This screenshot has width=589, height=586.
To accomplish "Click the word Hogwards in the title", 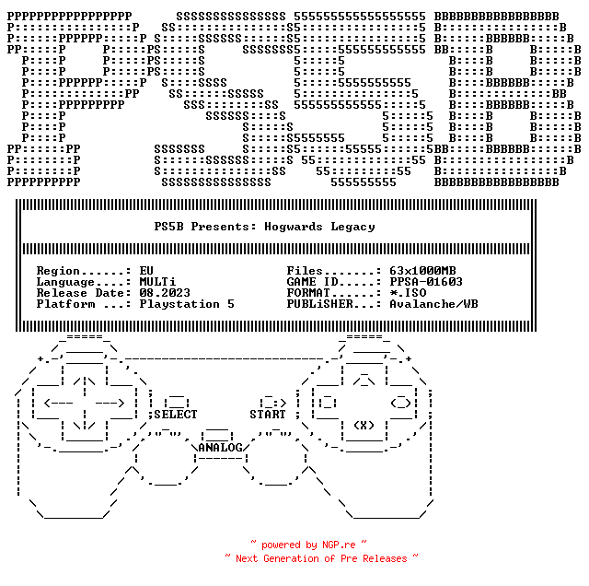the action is click(x=294, y=227).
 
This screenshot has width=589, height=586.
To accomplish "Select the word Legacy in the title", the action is click(x=352, y=228).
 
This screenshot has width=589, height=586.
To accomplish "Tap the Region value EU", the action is click(x=146, y=271).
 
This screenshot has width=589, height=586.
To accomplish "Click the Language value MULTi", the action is click(x=157, y=282).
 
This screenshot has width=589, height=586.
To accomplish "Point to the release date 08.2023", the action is click(x=165, y=293).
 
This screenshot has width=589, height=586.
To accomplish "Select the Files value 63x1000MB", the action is click(x=422, y=271).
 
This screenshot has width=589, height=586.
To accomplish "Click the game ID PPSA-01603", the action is click(x=426, y=282).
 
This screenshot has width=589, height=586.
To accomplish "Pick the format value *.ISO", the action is click(x=408, y=293).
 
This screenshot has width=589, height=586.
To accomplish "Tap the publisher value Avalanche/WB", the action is click(x=433, y=304).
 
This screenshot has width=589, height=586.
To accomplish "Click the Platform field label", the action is click(x=65, y=304).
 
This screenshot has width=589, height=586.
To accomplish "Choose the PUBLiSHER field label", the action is click(x=320, y=304).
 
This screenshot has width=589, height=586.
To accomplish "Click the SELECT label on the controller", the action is click(x=176, y=415).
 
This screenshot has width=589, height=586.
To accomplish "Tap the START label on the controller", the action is click(x=268, y=415).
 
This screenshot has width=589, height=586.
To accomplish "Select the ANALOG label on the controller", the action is click(x=221, y=448).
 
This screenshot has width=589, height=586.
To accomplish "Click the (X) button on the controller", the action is click(x=364, y=426).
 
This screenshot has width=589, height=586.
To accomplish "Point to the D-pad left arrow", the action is click(x=59, y=404).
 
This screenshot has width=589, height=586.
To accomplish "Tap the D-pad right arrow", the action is click(x=110, y=404).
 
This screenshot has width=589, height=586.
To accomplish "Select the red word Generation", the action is click(x=291, y=559).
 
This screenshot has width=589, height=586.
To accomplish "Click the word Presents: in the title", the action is click(x=224, y=227).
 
